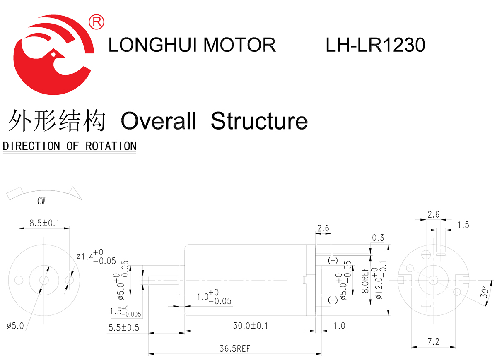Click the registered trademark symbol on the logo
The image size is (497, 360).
tap(97, 22)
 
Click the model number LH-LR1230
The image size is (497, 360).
tap(375, 45)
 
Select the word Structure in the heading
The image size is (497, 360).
tap(259, 121)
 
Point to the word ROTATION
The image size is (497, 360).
tap(111, 146)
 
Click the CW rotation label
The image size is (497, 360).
tap(41, 202)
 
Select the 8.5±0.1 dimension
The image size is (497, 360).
tap(44, 223)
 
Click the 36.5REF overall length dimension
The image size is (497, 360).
tap(235, 348)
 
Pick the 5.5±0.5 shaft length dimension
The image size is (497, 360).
tap(124, 328)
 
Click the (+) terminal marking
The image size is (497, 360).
tap(333, 261)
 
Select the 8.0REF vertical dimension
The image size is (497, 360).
tap(365, 280)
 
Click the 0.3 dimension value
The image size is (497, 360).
tap(378, 238)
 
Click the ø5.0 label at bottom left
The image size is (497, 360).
tap(16, 326)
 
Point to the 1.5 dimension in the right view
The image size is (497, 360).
tap(463, 225)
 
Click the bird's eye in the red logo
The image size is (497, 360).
tap(53, 53)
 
